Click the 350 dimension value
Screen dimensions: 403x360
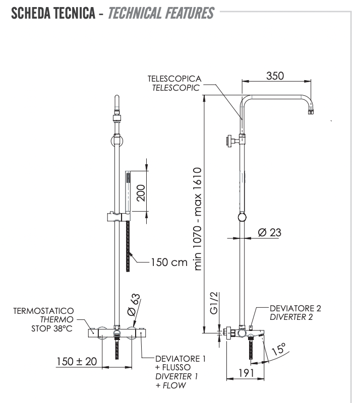[275, 76]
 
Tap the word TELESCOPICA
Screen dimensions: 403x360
[174, 79]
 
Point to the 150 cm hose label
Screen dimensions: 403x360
[169, 262]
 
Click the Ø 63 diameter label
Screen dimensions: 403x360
[132, 305]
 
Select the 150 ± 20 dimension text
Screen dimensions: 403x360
[76, 362]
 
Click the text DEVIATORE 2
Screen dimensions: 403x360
[295, 308]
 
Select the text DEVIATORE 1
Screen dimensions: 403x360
[181, 359]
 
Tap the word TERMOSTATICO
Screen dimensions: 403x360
[43, 311]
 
